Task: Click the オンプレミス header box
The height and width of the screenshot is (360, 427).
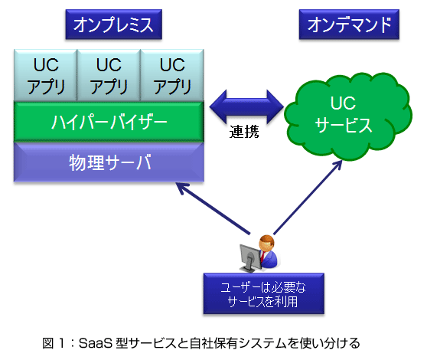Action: tap(114, 25)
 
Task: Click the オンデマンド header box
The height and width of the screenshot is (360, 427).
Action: tap(349, 25)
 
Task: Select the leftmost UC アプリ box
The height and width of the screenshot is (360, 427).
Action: tap(46, 75)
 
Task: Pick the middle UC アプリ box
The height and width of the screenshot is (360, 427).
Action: tap(109, 75)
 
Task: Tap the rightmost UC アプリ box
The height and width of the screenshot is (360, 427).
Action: tap(172, 75)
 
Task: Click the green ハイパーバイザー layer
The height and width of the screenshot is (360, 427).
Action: tap(109, 122)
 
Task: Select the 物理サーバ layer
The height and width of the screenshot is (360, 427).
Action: tap(109, 162)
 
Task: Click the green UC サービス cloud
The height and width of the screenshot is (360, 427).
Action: tap(348, 116)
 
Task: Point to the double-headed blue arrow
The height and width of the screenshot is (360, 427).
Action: tap(246, 106)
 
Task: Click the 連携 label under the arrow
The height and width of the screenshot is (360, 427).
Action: tap(244, 132)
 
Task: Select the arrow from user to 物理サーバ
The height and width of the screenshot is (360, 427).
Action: tap(213, 208)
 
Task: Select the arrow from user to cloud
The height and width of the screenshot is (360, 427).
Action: tap(308, 197)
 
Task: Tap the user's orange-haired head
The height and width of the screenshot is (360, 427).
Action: tap(266, 243)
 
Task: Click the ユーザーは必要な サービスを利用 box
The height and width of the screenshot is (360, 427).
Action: tap(264, 293)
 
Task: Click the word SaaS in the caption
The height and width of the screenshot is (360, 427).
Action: tap(96, 343)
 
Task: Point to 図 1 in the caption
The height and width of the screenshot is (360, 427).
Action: tap(54, 343)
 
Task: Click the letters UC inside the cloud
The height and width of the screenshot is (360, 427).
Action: tap(343, 103)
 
